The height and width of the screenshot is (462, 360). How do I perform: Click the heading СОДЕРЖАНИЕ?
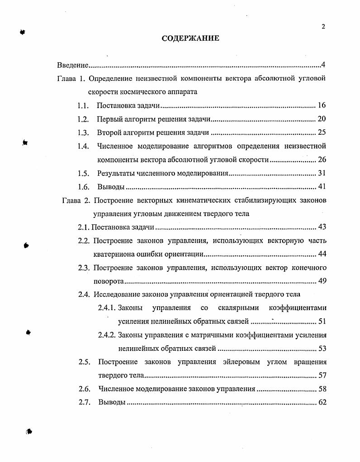click(190, 38)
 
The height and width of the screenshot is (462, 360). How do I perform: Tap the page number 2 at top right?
click(323, 27)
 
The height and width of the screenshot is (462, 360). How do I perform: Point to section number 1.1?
click(82, 106)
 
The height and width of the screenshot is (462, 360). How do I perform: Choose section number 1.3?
click(82, 133)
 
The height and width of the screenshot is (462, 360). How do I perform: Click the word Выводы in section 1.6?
click(111, 187)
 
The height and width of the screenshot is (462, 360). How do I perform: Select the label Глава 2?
click(72, 200)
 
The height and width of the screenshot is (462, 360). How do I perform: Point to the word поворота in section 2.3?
click(109, 281)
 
